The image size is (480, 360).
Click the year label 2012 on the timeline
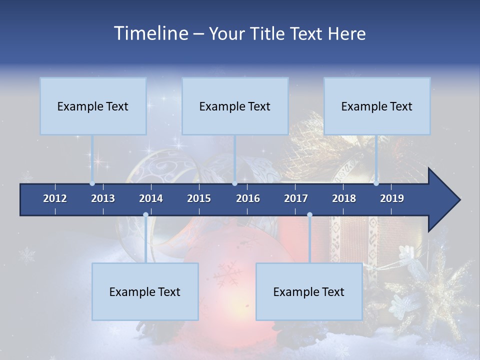tap(55, 198)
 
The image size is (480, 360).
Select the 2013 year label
tap(103, 198)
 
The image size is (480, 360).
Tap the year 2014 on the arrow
tap(151, 198)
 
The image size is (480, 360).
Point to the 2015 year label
tap(199, 198)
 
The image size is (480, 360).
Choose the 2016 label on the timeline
tap(248, 198)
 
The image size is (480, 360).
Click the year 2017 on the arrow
tap(296, 198)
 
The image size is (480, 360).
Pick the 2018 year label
tap(344, 198)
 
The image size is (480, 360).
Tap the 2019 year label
tap(392, 198)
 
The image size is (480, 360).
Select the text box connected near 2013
tap(93, 106)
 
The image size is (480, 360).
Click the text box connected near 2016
tap(235, 106)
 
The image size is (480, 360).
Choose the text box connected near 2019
tap(377, 106)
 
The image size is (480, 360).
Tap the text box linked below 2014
tap(145, 291)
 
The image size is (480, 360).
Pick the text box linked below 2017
tap(309, 291)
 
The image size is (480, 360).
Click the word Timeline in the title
tap(150, 33)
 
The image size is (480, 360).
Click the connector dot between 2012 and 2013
tap(92, 183)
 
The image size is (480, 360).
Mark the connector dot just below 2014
tap(145, 215)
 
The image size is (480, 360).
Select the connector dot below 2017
tap(309, 215)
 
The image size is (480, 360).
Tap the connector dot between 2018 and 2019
tap(376, 183)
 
